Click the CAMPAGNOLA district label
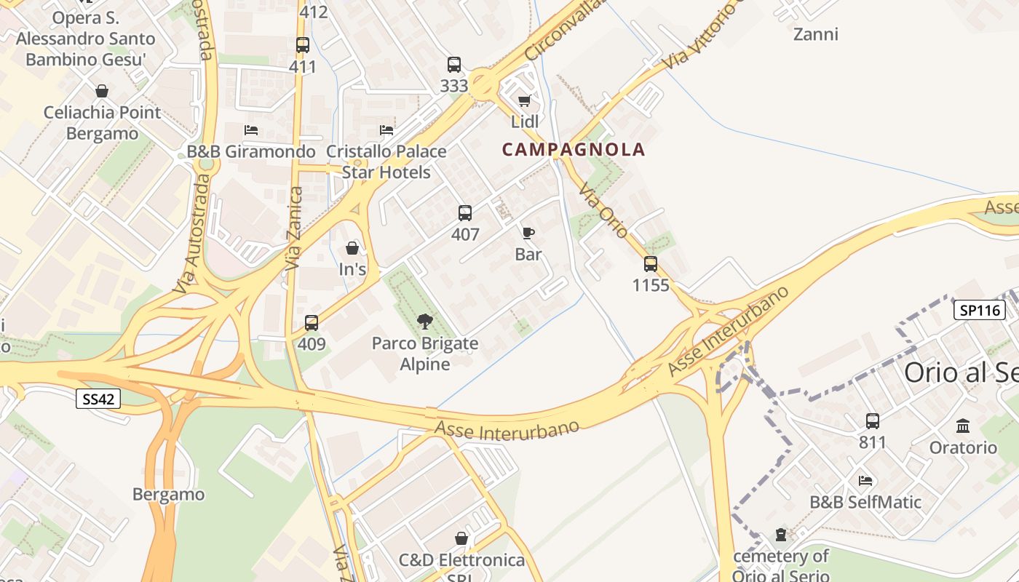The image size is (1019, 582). click(574, 150)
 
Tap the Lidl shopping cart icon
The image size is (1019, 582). click(524, 101)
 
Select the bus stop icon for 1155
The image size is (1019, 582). click(651, 264)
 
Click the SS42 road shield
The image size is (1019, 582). click(98, 398)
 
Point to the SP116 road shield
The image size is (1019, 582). click(979, 311)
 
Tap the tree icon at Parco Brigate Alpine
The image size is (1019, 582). click(425, 322)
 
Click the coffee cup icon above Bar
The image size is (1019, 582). click(528, 233)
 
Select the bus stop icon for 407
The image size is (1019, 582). click(465, 213)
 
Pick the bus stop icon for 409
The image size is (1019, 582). click(312, 323)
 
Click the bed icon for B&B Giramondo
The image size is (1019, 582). click(251, 130)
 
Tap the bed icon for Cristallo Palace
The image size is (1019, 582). click(386, 130)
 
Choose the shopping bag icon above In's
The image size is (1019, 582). click(352, 248)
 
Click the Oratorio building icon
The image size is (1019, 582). click(963, 426)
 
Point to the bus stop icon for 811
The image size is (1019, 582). click(872, 420)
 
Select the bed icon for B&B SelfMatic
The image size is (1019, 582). click(865, 481)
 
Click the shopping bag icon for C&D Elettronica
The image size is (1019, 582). click(461, 538)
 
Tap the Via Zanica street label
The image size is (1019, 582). click(294, 228)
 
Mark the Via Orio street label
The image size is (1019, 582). click(603, 210)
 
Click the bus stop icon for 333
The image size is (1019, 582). click(454, 65)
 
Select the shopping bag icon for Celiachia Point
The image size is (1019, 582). click(102, 91)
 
